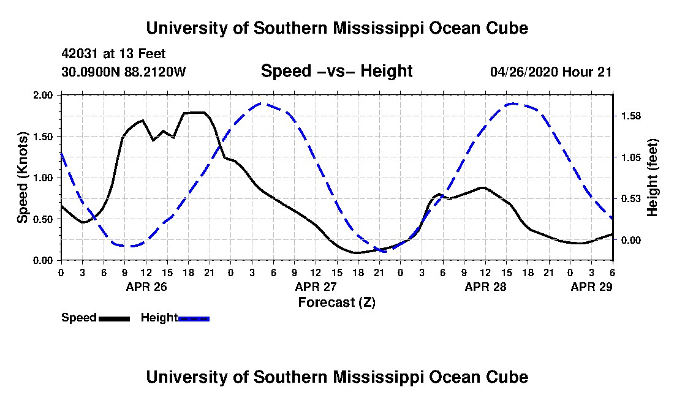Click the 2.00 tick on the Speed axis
pos(42,95)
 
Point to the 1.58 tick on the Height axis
pos(630,116)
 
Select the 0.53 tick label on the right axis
pos(630,199)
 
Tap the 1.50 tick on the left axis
pos(42,137)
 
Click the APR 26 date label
pos(146,287)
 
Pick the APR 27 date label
pos(316,287)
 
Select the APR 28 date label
pos(486,287)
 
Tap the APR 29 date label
pos(591,287)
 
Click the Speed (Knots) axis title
pos(22,178)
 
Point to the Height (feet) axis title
pos(652,178)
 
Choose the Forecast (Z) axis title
pos(337,302)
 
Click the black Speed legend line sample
pos(114,318)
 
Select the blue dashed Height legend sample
pos(194,318)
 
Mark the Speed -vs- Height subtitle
pos(336,71)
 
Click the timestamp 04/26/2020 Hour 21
pos(551,72)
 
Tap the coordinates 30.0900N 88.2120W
pos(124,72)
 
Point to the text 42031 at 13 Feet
pos(113,54)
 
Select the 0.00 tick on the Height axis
pos(630,240)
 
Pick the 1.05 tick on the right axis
pos(630,157)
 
